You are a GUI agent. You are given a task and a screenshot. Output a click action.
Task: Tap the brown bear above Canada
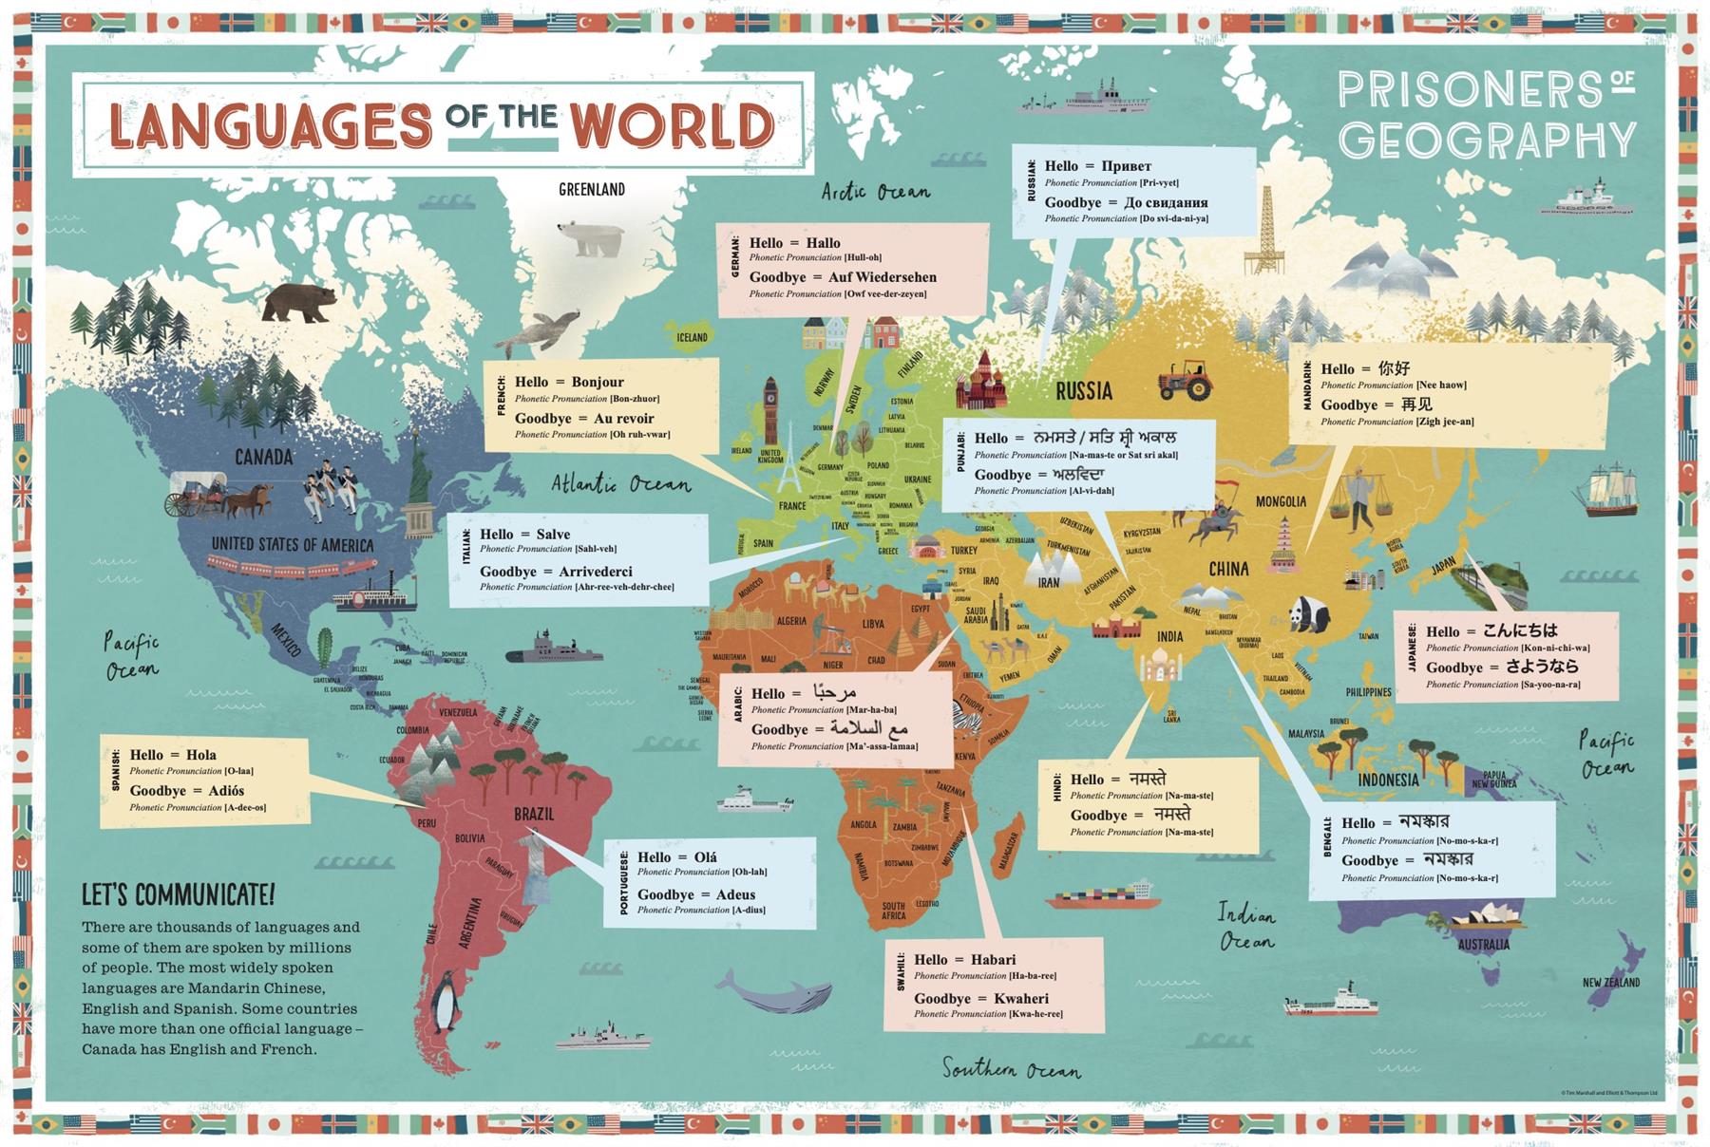299,303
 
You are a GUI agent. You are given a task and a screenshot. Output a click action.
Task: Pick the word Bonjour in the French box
598,382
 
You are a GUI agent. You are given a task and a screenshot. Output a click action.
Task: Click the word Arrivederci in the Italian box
596,572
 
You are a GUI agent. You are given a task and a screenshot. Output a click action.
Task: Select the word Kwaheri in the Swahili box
1021,998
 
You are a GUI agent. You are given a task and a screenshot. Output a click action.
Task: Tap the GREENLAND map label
592,189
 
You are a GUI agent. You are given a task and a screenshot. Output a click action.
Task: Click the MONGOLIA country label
1281,501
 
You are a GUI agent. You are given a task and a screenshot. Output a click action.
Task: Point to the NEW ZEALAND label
1610,982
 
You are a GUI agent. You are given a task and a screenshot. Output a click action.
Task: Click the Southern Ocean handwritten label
1011,1069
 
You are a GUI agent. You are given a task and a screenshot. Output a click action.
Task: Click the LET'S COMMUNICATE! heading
178,894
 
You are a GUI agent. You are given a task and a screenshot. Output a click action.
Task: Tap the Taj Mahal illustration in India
1160,668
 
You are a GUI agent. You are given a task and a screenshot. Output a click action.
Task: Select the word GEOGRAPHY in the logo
1487,141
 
